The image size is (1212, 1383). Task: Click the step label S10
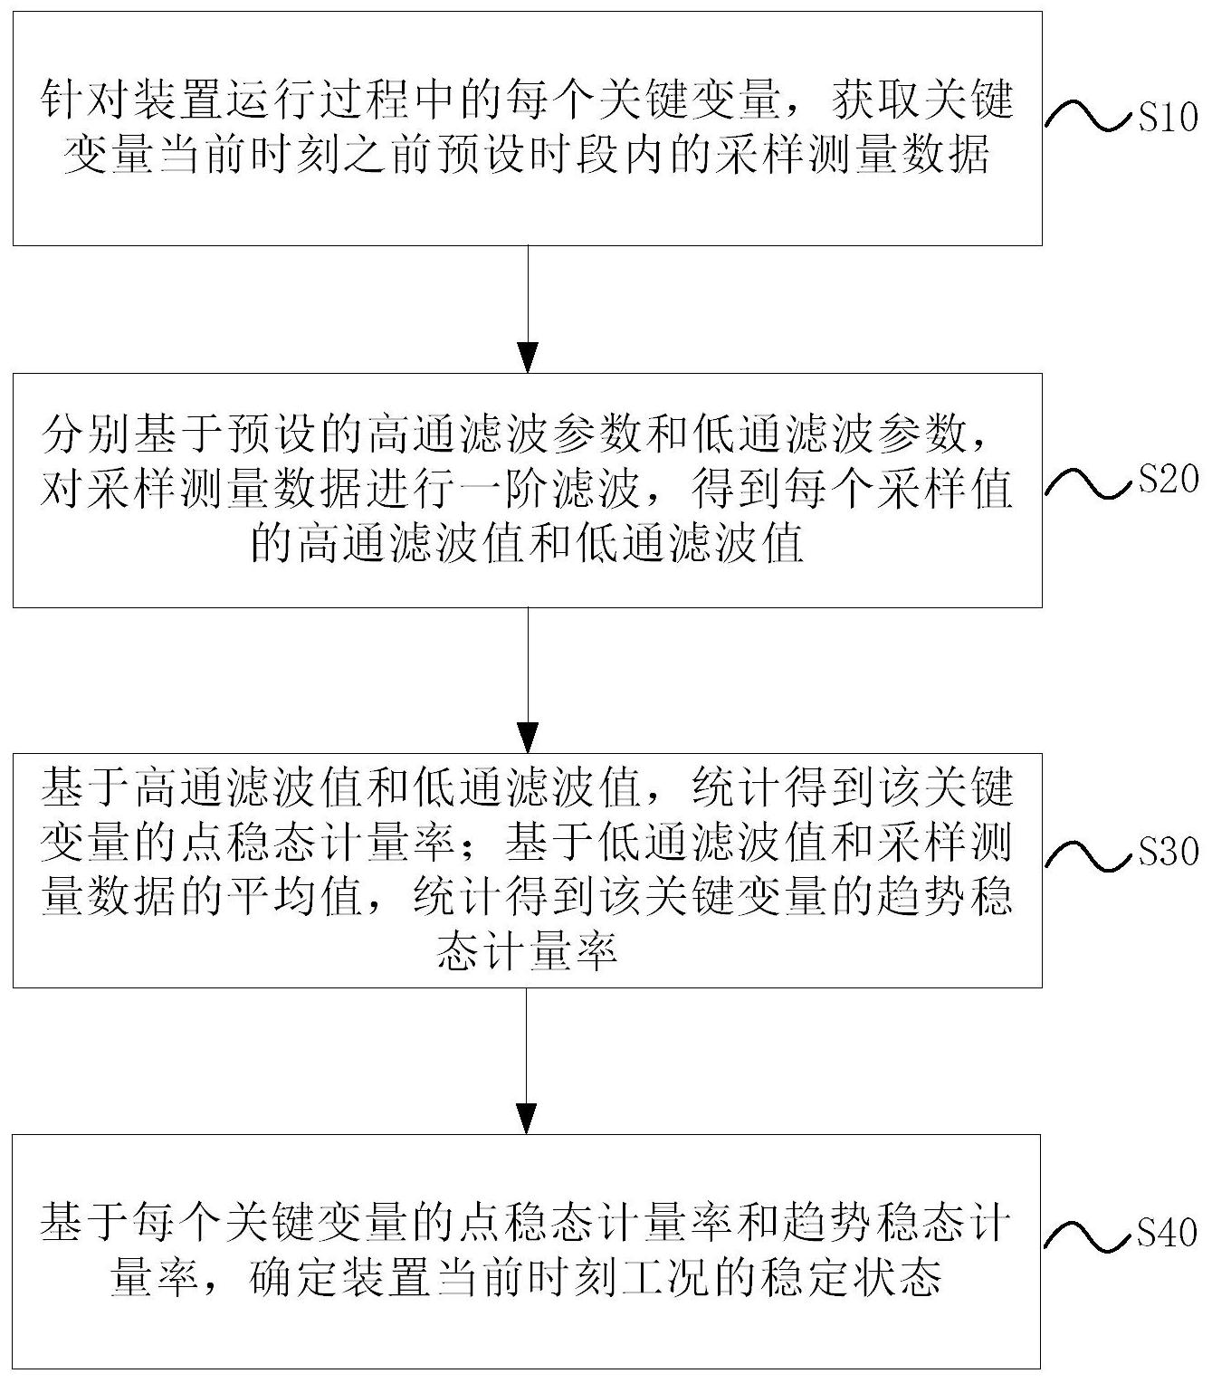click(x=1167, y=118)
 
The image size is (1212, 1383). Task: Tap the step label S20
click(x=1167, y=480)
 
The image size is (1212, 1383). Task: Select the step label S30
click(x=1167, y=851)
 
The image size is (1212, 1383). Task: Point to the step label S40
click(x=1167, y=1232)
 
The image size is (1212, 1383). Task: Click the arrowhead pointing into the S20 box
click(x=527, y=358)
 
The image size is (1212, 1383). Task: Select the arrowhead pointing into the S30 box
click(x=527, y=739)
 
